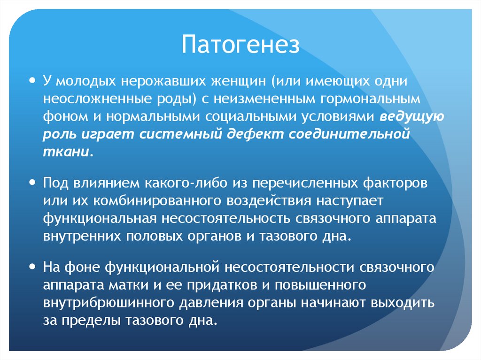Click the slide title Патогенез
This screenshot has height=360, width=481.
[x=240, y=46]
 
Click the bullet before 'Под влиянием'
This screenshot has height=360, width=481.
[x=32, y=181]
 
